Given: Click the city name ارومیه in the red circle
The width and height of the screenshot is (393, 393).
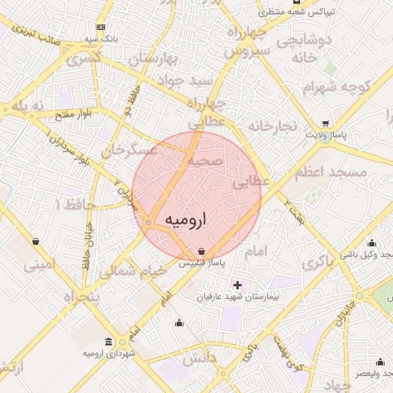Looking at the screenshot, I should click(187, 220).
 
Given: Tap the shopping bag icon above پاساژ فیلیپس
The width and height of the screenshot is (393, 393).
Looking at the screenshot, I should click(201, 251).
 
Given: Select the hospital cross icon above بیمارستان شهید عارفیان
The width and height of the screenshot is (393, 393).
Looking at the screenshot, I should click(237, 285).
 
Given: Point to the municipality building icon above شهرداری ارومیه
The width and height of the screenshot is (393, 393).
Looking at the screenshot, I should click(110, 342).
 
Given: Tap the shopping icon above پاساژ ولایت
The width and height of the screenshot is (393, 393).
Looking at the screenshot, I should click(326, 123).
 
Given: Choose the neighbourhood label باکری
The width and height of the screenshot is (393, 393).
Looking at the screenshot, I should click(319, 261).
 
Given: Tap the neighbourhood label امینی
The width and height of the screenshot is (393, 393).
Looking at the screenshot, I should click(40, 266).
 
